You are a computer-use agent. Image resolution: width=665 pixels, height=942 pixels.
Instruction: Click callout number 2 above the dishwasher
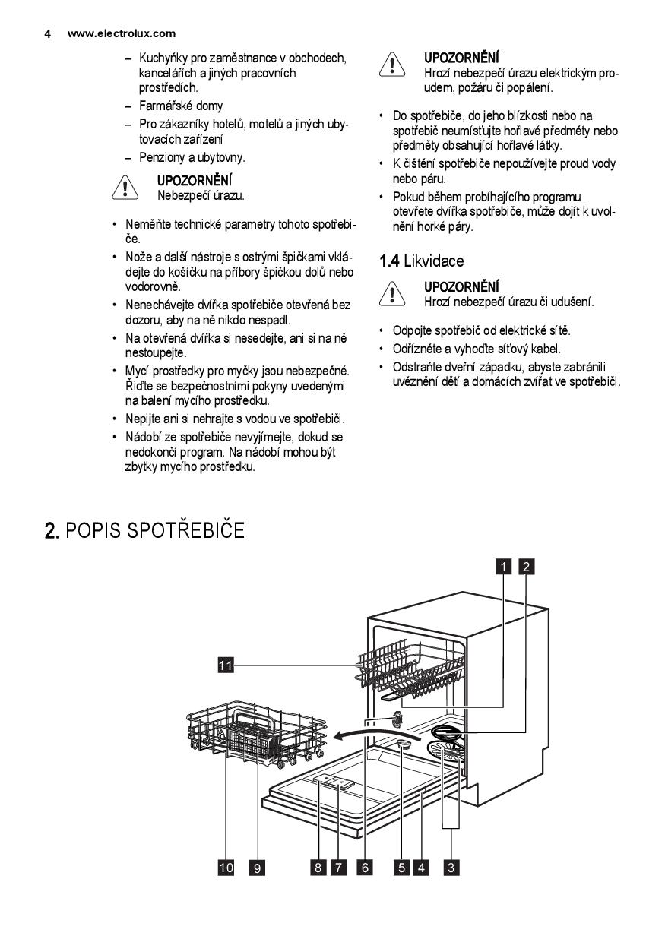click(x=526, y=565)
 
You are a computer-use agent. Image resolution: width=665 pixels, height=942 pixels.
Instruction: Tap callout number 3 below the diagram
click(x=451, y=868)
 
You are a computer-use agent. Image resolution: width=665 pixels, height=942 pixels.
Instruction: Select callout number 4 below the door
click(x=422, y=868)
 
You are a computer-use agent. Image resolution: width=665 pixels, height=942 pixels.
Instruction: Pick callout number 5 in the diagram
click(x=401, y=868)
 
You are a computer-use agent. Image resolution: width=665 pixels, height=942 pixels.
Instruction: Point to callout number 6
click(x=365, y=868)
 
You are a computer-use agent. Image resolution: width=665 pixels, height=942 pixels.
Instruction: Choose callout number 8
click(x=318, y=868)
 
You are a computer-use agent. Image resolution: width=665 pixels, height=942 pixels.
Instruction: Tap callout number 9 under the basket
click(x=258, y=868)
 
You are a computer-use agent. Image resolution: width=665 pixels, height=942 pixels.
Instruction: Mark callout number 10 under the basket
click(x=226, y=868)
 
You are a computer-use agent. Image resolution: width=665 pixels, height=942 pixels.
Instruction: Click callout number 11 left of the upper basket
click(x=224, y=665)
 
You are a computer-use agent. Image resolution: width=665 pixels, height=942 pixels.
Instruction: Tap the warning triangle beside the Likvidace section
click(x=392, y=294)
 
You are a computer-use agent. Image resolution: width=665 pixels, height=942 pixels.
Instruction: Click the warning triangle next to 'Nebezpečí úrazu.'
click(x=125, y=188)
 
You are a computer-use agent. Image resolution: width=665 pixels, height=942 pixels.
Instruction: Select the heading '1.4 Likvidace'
click(x=421, y=261)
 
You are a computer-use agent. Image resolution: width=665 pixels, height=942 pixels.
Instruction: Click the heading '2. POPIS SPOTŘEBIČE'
click(x=144, y=530)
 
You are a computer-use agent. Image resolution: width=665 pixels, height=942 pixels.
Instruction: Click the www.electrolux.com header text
click(x=121, y=33)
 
